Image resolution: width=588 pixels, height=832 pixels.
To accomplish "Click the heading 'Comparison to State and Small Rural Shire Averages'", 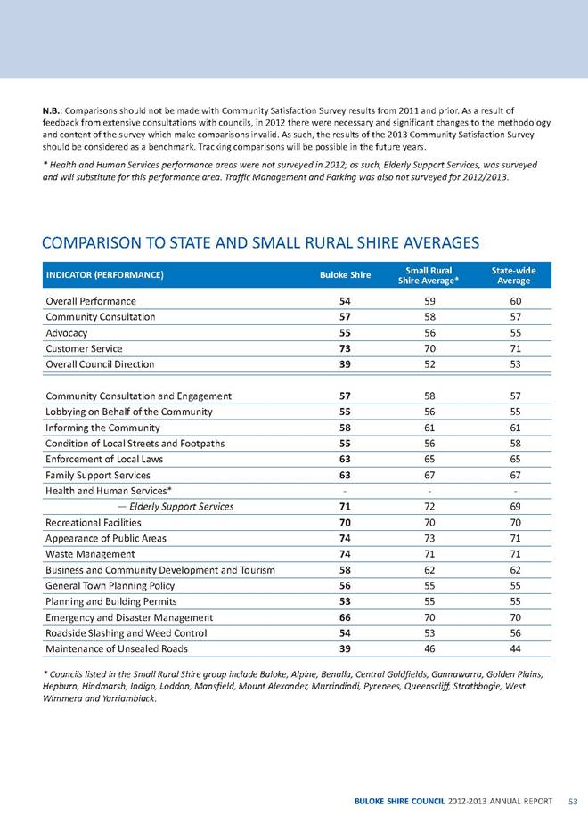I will (x=261, y=241).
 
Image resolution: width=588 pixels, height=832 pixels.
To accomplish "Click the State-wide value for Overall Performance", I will (x=515, y=301).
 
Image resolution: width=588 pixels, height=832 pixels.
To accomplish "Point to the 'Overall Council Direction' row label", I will (x=100, y=364).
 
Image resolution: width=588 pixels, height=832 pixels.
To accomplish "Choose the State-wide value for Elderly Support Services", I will (x=515, y=507).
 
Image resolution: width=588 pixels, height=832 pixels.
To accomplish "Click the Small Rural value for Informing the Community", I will (x=430, y=428).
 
